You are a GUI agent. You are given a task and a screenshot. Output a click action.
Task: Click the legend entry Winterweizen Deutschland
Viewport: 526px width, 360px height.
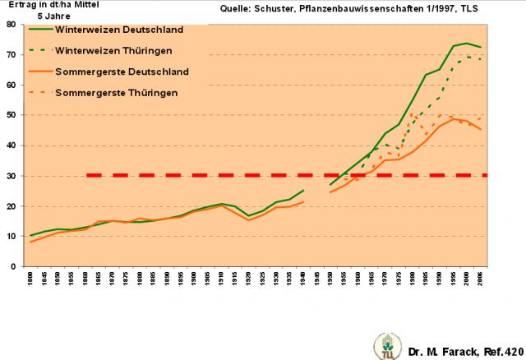[118, 30]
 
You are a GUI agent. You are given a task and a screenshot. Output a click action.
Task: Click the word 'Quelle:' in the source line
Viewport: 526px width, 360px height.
[238, 10]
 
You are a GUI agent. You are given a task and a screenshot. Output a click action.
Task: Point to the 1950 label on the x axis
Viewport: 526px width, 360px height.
[330, 279]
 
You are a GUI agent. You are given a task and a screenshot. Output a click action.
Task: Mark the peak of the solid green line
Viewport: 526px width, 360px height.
[467, 44]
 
